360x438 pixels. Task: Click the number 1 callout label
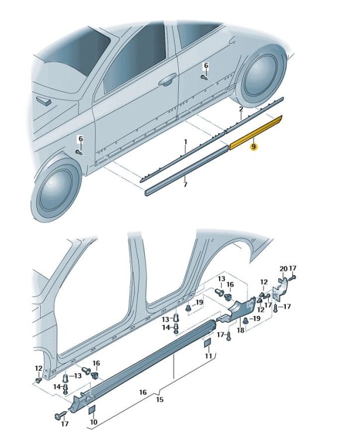point(185,142)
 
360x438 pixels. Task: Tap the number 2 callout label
point(241,109)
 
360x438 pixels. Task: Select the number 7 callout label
point(185,185)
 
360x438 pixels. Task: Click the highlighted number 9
point(253,147)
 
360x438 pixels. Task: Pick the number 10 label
point(94,422)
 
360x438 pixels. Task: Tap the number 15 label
point(160,399)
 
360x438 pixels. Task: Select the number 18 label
point(241,330)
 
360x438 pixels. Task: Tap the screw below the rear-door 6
point(204,77)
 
